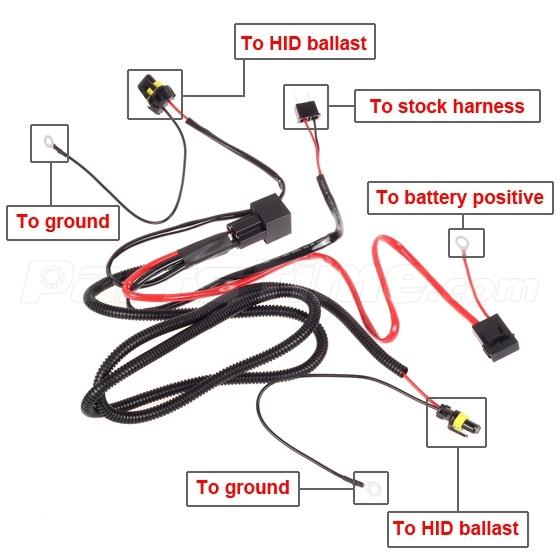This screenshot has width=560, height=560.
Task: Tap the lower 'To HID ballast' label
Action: [455, 528]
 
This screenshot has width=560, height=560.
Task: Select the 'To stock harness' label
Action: [446, 105]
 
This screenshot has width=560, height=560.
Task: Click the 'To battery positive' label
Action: [460, 197]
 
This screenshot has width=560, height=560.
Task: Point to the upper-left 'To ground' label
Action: [62, 220]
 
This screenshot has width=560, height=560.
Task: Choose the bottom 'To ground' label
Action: [242, 487]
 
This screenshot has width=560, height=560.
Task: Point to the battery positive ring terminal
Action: [463, 242]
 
